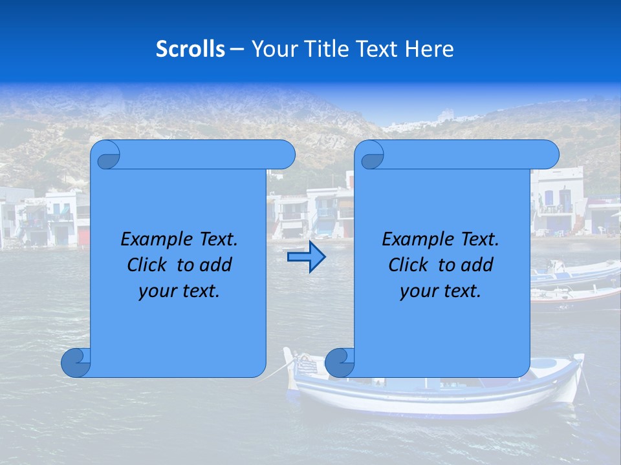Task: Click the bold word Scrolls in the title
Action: (x=190, y=48)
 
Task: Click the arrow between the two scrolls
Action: (x=306, y=257)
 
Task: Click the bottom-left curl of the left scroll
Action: (x=75, y=363)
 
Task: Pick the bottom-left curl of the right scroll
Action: (x=339, y=363)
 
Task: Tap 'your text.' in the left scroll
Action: (x=179, y=291)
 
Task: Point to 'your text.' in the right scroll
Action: (x=441, y=291)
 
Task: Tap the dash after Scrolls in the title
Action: (x=237, y=49)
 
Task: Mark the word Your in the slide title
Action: (x=272, y=48)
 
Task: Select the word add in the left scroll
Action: (x=217, y=265)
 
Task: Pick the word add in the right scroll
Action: (x=478, y=265)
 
